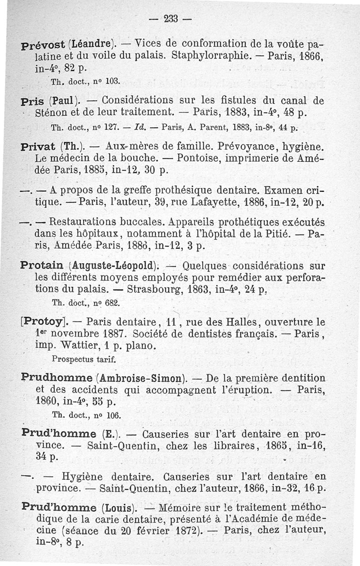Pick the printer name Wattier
75,346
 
